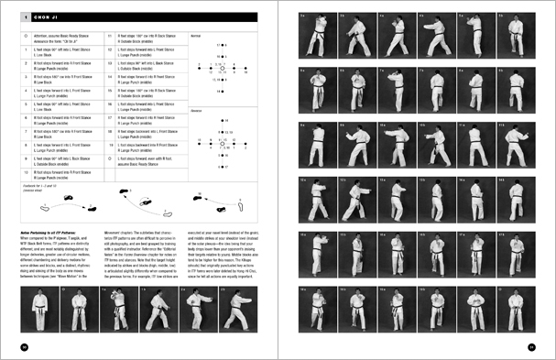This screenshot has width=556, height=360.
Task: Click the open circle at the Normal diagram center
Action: click(x=221, y=67)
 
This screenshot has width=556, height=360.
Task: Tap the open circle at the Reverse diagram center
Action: click(x=221, y=144)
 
